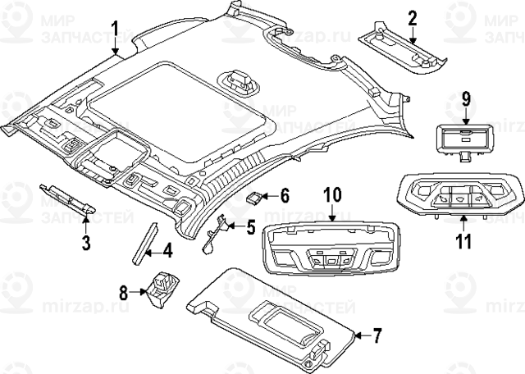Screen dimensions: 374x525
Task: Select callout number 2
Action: [x=413, y=17]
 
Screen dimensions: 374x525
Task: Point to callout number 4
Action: [x=167, y=249]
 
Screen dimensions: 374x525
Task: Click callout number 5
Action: [x=250, y=226]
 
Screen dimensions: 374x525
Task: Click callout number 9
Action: [x=464, y=99]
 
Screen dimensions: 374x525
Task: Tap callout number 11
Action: [x=463, y=241]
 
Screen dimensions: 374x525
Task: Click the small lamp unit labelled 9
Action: [x=463, y=137]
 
